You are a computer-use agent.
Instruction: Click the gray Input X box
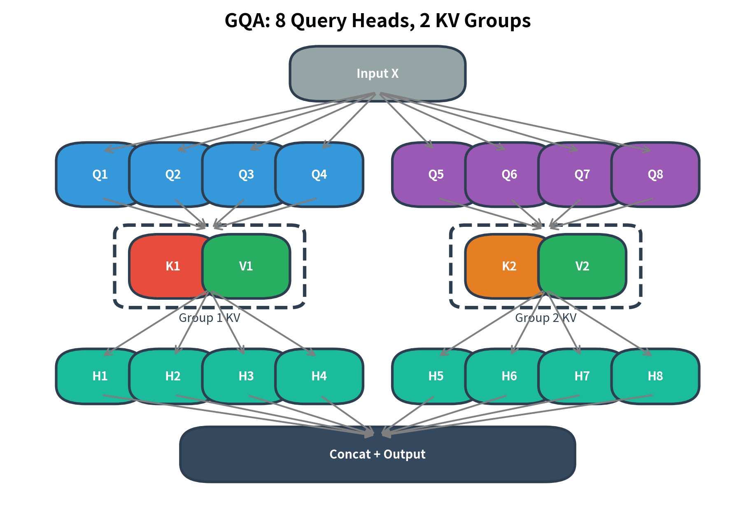click(x=377, y=74)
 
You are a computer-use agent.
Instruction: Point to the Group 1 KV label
click(x=209, y=318)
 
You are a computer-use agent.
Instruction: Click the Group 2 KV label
click(x=545, y=318)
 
